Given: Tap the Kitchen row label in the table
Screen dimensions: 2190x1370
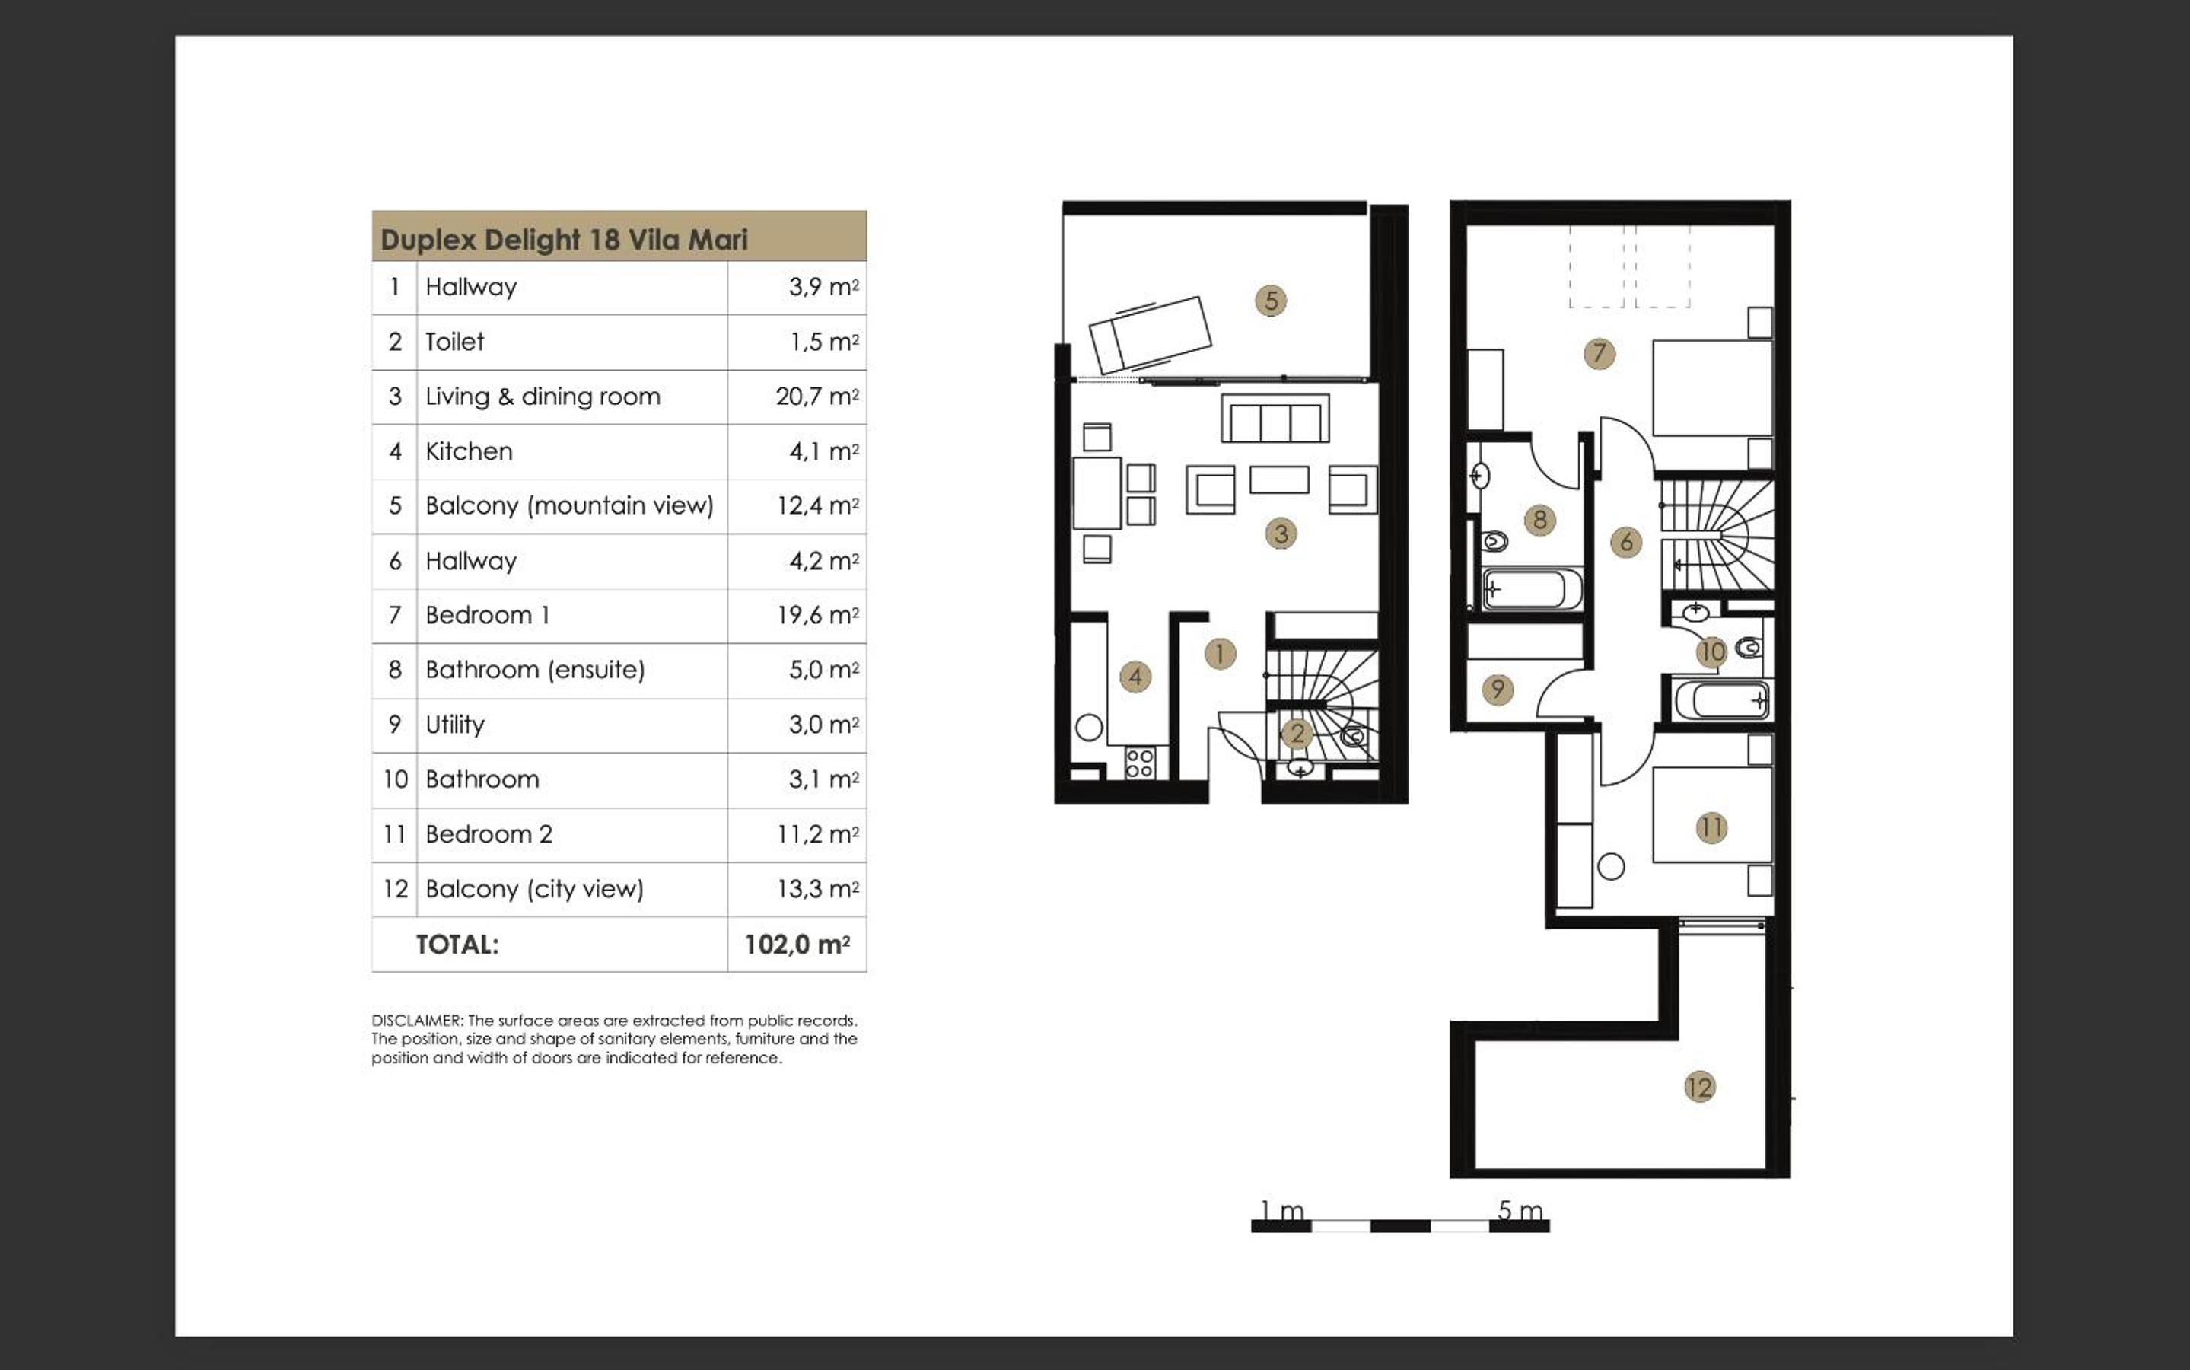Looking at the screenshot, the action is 470,451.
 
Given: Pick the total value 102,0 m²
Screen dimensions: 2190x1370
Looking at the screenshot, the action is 797,944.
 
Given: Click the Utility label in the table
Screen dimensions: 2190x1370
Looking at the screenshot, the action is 455,724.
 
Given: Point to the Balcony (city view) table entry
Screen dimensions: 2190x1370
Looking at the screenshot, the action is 534,889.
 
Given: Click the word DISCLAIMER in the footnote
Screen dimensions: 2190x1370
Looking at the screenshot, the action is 417,1020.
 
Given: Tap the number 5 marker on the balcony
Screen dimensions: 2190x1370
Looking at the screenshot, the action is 1271,301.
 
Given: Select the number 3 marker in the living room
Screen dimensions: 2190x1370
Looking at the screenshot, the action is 1281,534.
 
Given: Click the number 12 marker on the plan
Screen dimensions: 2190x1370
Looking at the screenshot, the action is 1699,1086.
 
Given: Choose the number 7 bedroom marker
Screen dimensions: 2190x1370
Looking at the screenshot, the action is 1600,353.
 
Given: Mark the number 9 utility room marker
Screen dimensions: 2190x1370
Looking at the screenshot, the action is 1497,690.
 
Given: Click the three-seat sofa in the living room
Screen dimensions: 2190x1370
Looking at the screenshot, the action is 1275,418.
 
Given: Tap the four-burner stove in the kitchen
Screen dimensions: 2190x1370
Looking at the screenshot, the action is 1139,763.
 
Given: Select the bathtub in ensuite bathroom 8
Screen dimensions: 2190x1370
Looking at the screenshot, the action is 1532,589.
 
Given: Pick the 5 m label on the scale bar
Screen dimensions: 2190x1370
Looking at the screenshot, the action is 1520,1209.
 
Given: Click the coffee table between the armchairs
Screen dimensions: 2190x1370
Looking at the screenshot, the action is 1279,479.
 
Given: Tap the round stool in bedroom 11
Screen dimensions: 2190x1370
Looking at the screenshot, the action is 1610,867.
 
